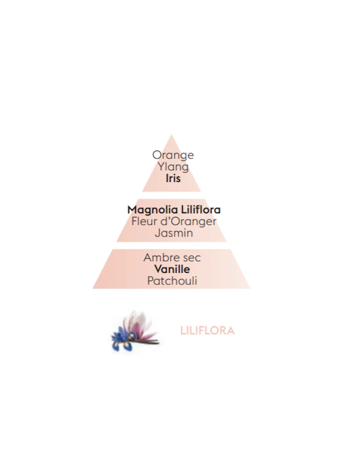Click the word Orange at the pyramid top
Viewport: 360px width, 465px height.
point(173,155)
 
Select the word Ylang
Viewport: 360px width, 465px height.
point(173,167)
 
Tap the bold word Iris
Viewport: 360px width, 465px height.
point(173,178)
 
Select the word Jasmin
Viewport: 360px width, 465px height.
point(174,233)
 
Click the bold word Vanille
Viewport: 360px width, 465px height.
point(172,269)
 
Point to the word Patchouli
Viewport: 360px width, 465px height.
point(172,281)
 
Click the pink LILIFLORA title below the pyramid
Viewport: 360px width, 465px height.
point(207,331)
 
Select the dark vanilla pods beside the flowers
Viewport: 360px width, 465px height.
point(151,342)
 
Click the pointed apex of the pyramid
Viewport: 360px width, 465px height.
point(171,135)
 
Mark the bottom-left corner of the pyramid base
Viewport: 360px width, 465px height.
point(93,288)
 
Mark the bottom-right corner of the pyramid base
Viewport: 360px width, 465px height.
point(250,288)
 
